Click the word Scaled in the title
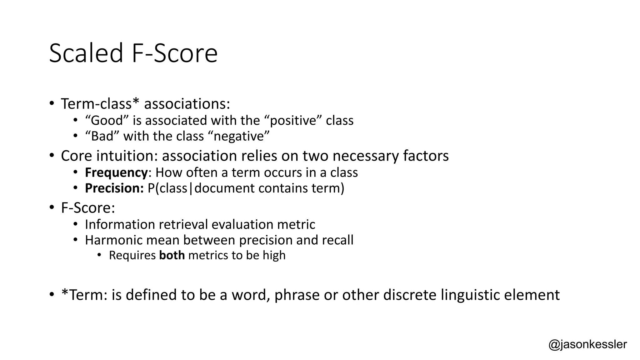coord(86,53)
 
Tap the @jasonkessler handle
coord(587,344)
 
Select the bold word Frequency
coord(116,172)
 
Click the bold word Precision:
coord(114,188)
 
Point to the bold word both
coord(172,255)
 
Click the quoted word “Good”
coord(107,120)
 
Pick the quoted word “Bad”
coord(102,136)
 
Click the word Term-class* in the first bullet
coord(100,104)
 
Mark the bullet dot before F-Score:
coord(52,207)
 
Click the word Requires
coord(132,255)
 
